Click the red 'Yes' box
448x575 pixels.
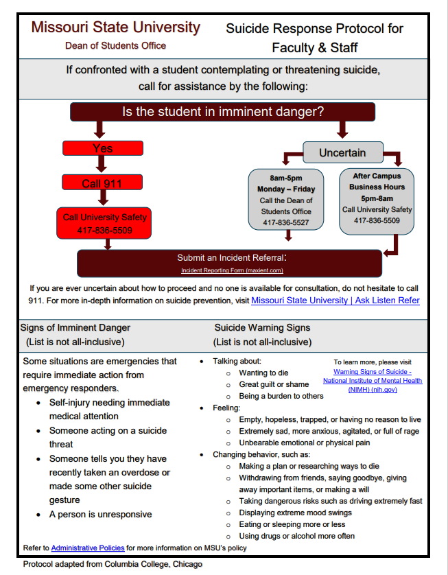103,148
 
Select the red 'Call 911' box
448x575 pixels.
102,183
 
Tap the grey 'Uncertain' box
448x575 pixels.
342,152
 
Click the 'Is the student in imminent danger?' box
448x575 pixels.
223,112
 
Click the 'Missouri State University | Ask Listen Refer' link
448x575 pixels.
335,301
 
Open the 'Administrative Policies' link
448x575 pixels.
88,548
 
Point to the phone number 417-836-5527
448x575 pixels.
285,223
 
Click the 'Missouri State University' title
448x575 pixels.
115,28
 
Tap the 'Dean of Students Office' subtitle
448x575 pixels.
115,46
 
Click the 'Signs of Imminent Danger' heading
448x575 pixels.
75,328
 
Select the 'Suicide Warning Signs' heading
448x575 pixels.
262,328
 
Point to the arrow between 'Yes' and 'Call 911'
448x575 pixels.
102,164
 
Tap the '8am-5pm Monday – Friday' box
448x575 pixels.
285,199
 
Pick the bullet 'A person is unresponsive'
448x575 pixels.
101,515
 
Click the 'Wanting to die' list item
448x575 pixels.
263,373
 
